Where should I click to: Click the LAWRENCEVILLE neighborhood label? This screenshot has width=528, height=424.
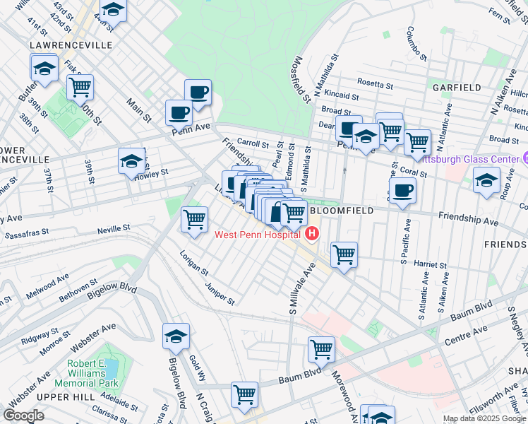(x=71, y=45)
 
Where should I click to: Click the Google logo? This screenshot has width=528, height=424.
(x=24, y=415)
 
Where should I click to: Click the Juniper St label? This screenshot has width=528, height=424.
(x=220, y=292)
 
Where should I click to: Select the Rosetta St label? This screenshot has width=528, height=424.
(x=374, y=85)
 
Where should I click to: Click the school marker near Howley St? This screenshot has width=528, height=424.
(x=131, y=162)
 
